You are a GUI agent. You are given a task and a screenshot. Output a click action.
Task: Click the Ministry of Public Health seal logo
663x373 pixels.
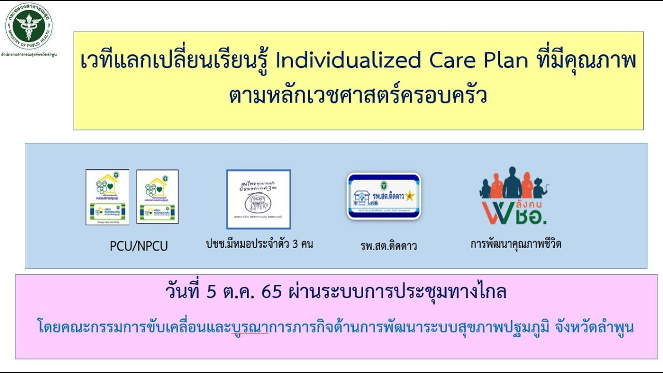(28, 25)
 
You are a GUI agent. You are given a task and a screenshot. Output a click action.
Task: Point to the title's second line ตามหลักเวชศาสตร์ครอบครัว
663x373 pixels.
(358, 96)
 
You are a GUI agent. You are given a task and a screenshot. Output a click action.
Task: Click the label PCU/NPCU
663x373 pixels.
(139, 246)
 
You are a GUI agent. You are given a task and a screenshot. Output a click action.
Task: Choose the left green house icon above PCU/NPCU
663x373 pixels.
(107, 197)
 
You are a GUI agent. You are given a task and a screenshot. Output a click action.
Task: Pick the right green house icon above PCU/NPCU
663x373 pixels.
(157, 197)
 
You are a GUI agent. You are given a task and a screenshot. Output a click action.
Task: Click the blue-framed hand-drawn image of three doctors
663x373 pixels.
(258, 199)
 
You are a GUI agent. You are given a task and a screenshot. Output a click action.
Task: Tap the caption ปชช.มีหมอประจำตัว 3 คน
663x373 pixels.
(259, 244)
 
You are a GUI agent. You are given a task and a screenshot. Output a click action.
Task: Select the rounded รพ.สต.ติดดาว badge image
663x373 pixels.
(384, 196)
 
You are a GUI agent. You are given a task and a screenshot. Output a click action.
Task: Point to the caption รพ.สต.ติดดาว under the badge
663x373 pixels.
(388, 246)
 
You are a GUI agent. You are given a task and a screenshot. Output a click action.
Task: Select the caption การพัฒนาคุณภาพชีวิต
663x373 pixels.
(515, 244)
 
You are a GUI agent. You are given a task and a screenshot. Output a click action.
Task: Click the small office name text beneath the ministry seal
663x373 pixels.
(28, 54)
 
